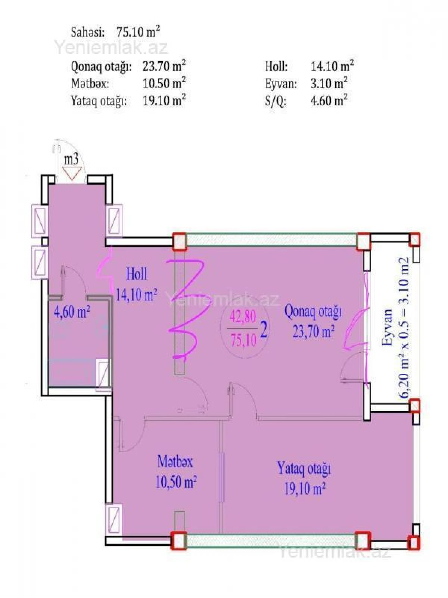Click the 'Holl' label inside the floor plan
(x=137, y=274)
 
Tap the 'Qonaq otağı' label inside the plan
(x=313, y=311)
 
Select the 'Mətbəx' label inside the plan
(x=175, y=462)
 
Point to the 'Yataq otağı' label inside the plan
(x=304, y=468)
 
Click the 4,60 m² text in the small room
(x=72, y=311)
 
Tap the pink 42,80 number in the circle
(x=243, y=317)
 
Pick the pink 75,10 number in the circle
(x=243, y=340)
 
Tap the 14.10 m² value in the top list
(x=332, y=67)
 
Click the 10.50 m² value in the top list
(x=164, y=83)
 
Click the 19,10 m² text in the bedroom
(x=305, y=488)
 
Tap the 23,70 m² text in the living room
(x=313, y=332)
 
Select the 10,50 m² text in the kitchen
(x=176, y=482)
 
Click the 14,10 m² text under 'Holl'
(x=136, y=295)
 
